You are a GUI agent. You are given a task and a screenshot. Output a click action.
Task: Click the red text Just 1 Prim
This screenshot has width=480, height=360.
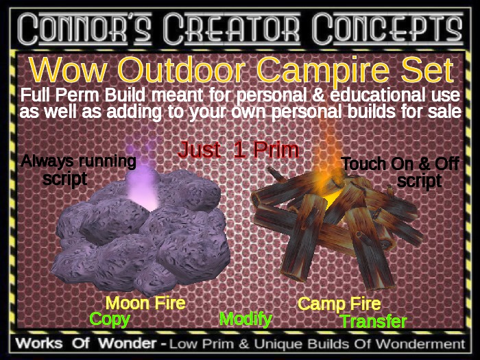[x=238, y=149]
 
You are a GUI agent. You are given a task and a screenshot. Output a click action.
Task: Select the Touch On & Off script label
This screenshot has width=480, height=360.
[x=400, y=172]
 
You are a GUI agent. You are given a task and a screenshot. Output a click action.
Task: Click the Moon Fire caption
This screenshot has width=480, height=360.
[x=145, y=302]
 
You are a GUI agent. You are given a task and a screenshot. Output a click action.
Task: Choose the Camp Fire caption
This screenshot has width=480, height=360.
[x=339, y=304]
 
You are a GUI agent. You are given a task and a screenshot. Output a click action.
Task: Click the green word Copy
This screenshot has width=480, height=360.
[x=110, y=319]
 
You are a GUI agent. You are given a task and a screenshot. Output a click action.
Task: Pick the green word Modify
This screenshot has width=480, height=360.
[x=245, y=319]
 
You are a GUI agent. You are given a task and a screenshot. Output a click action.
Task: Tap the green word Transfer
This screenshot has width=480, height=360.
[x=374, y=321]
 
